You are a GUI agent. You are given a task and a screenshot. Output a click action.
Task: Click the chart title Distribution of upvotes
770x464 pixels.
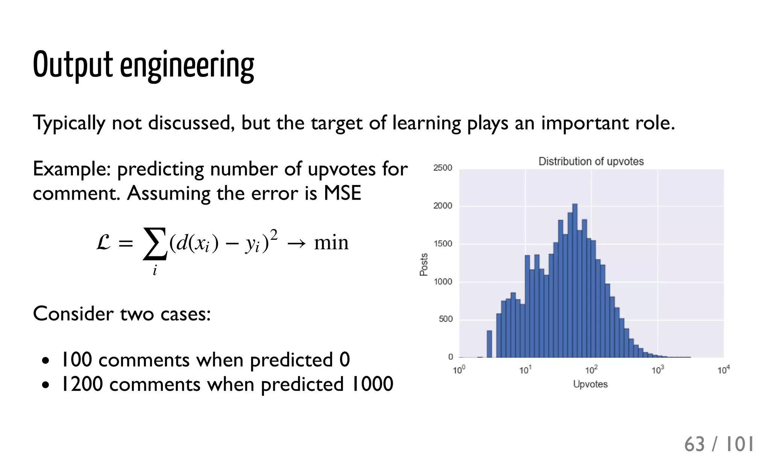[x=591, y=161]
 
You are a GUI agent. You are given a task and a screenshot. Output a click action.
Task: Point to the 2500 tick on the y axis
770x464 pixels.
[x=443, y=168]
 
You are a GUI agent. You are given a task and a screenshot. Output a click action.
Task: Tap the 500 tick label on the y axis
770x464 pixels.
[x=446, y=319]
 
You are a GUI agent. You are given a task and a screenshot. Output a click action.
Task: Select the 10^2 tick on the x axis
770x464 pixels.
[x=591, y=370]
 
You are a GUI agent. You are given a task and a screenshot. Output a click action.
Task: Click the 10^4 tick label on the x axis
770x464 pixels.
[x=723, y=370]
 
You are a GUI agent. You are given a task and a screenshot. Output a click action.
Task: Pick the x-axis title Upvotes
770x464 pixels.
[x=590, y=384]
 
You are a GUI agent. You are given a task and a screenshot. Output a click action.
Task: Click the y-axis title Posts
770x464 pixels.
[x=424, y=264]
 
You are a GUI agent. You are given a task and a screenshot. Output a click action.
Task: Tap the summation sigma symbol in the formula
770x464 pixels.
[x=155, y=243]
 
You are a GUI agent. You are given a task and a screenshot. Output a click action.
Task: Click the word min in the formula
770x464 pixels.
[x=331, y=243]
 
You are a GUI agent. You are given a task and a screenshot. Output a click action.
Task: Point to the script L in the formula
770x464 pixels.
[x=103, y=242]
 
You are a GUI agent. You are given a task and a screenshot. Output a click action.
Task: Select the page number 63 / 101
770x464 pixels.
[x=718, y=444]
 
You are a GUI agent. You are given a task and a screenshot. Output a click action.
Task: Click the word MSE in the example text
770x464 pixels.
[x=342, y=193]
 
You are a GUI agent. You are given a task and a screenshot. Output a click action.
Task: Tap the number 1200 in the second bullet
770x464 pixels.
[x=82, y=384]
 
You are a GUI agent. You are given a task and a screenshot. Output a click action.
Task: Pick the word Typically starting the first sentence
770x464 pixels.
[x=69, y=123]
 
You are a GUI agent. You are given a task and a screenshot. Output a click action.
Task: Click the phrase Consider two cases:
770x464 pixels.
[x=122, y=313]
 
